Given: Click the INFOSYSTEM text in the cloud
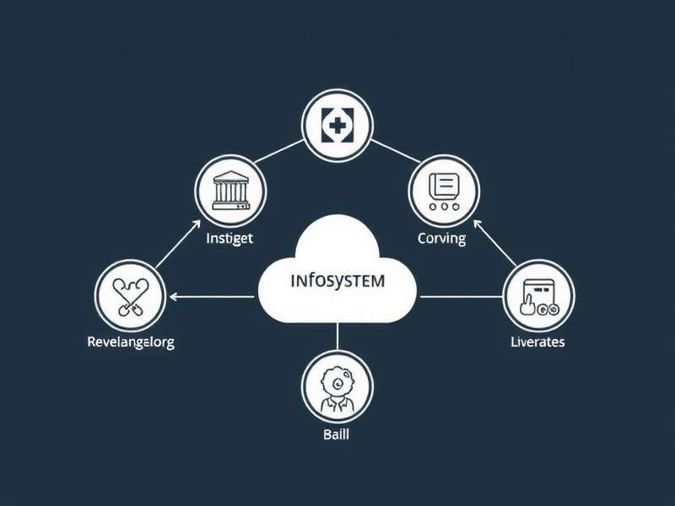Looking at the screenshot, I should pyautogui.click(x=336, y=280).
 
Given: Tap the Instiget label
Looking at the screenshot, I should pyautogui.click(x=229, y=238).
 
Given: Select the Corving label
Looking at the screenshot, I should pyautogui.click(x=441, y=238).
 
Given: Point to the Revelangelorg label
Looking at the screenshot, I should pyautogui.click(x=131, y=342).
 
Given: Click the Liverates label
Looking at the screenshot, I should pyautogui.click(x=537, y=342).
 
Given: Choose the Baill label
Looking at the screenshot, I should pyautogui.click(x=335, y=435).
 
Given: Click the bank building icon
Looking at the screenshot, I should pyautogui.click(x=229, y=190).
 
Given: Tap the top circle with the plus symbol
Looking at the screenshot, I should pyautogui.click(x=336, y=127).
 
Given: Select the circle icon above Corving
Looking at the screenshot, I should pyautogui.click(x=443, y=190).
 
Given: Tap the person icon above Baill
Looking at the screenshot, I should pyautogui.click(x=336, y=387).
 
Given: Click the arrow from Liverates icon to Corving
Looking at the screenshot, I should pyautogui.click(x=494, y=245).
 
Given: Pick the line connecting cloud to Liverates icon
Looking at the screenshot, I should pyautogui.click(x=460, y=296).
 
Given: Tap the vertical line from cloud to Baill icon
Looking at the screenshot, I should pyautogui.click(x=336, y=336).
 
